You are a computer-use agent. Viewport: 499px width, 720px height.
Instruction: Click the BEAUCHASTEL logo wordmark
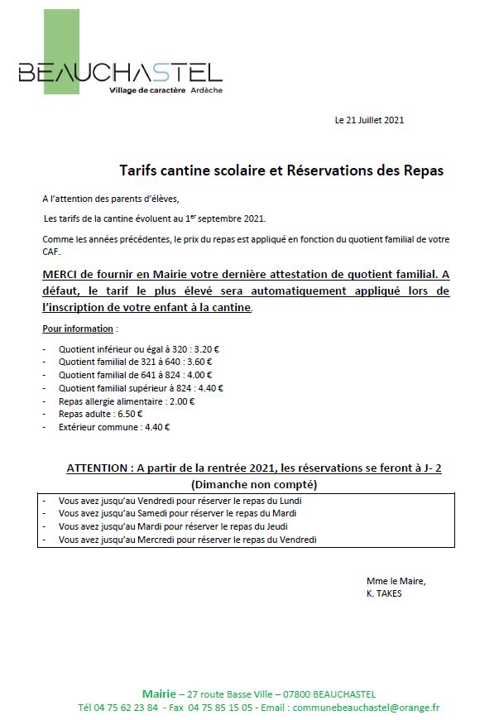click(x=120, y=73)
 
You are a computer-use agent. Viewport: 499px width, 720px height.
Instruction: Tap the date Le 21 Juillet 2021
click(x=369, y=120)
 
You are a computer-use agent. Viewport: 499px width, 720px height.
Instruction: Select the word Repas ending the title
click(x=422, y=171)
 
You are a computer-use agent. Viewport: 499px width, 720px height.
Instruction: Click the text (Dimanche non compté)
click(x=254, y=484)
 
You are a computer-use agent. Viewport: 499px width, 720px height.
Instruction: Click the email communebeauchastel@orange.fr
click(x=365, y=708)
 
